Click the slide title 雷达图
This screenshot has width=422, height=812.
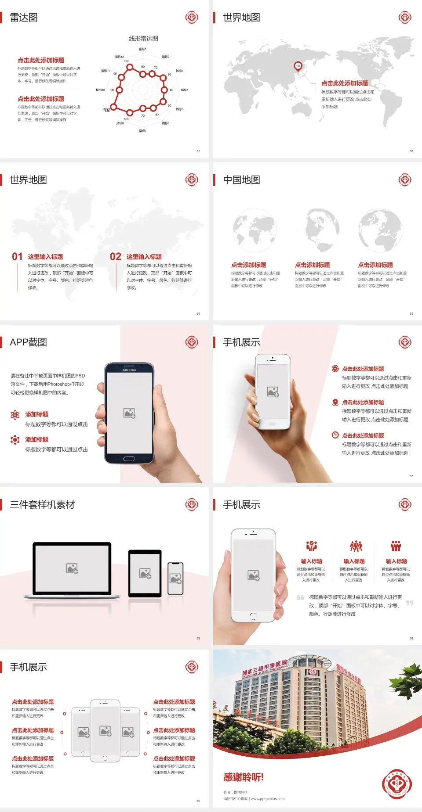[24, 18]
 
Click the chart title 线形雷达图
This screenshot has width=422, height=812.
[143, 39]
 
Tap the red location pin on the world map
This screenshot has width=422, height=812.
[298, 66]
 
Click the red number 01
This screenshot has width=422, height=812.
[17, 257]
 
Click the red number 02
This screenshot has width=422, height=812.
[116, 257]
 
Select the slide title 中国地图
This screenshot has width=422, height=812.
[241, 180]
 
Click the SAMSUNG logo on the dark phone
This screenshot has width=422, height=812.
[129, 370]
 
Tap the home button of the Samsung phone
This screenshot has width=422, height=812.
[129, 459]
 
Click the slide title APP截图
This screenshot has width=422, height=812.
[28, 342]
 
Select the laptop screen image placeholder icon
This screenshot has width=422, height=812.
[72, 568]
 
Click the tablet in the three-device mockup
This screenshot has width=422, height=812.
[145, 573]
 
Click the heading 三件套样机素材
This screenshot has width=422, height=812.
[42, 505]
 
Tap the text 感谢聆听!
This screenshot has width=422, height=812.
[244, 777]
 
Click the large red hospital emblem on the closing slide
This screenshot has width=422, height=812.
[397, 784]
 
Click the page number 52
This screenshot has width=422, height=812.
[198, 151]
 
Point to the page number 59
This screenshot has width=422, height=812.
[411, 638]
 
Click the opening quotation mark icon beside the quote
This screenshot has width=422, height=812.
[300, 597]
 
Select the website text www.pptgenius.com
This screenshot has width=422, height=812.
[268, 799]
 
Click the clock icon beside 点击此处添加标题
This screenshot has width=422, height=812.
[335, 435]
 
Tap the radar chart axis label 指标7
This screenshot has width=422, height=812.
[142, 131]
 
